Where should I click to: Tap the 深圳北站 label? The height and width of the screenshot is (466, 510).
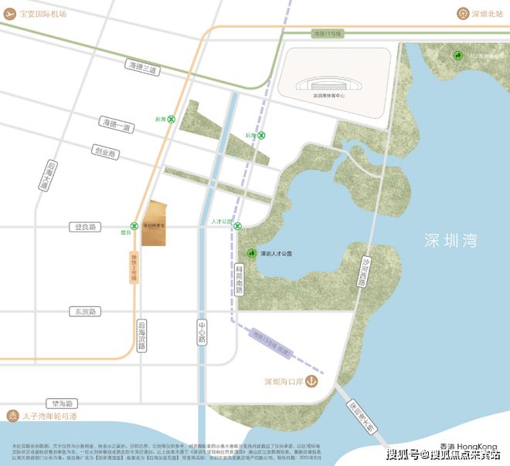click(481, 13)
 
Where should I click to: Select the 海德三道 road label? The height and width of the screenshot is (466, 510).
click(141, 68)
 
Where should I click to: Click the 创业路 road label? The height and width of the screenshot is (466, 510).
click(104, 152)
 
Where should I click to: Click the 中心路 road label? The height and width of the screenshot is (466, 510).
click(202, 329)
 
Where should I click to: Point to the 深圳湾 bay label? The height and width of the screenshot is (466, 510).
click(450, 240)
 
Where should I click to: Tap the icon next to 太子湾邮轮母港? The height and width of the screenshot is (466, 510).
click(12, 416)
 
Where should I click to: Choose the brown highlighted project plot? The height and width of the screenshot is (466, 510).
click(154, 224)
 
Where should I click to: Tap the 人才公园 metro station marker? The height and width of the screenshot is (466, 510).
click(238, 226)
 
